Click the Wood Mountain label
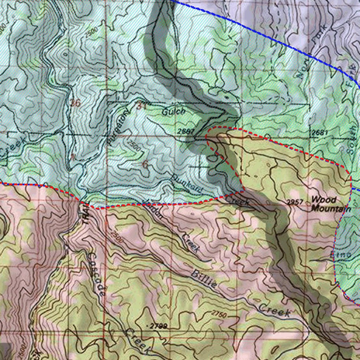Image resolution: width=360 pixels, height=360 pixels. point(331,204)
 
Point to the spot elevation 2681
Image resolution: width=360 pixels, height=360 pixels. point(320,133)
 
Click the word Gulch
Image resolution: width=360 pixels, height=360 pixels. point(173,112)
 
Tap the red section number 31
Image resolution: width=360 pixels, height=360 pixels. point(142,105)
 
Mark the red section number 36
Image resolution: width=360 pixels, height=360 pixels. point(75,103)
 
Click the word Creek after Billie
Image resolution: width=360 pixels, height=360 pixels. point(275,310)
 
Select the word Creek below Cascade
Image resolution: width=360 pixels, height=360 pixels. point(138,341)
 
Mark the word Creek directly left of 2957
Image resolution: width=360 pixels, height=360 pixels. point(237,200)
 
